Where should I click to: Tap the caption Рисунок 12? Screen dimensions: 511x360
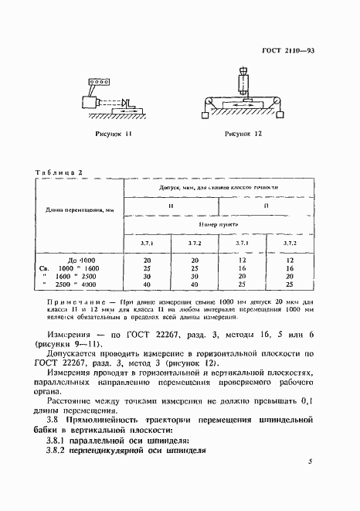243,134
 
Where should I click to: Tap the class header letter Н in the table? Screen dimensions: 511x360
171,206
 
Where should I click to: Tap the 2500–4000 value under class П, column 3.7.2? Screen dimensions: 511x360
290,284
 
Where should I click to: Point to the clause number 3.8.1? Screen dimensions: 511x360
58,440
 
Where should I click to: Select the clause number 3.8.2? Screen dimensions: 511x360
58,452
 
